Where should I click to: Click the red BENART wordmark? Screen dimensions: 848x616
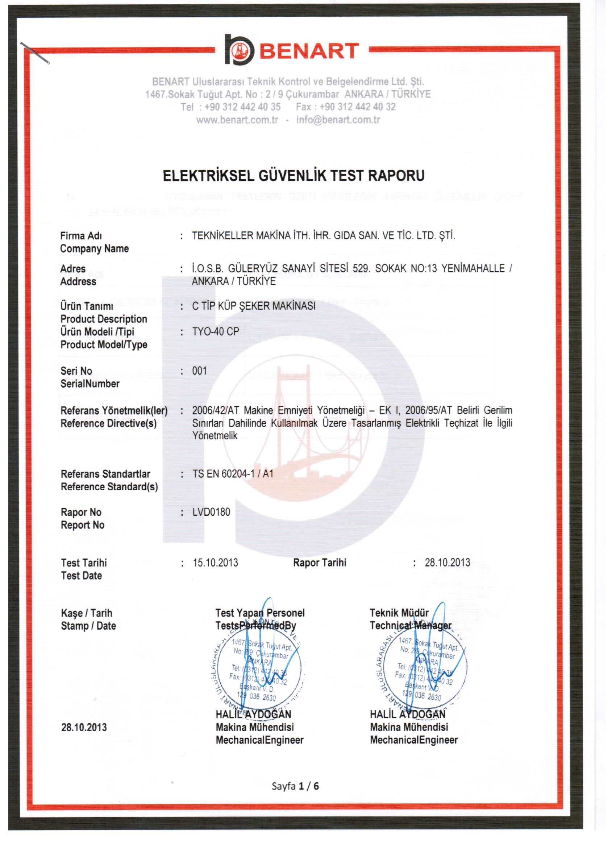point(309,51)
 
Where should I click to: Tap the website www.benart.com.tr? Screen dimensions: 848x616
point(237,120)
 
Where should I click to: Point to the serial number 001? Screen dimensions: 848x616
point(200,371)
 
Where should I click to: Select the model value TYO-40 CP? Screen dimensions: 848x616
point(216,332)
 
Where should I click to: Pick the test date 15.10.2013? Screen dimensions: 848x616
point(216,563)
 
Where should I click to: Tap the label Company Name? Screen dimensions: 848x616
point(95,249)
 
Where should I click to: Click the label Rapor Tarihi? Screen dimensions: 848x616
point(319,563)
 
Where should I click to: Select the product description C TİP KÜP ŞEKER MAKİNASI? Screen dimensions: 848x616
point(254,306)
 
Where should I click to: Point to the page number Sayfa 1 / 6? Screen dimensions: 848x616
point(295,786)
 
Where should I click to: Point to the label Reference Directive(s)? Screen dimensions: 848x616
point(109,424)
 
